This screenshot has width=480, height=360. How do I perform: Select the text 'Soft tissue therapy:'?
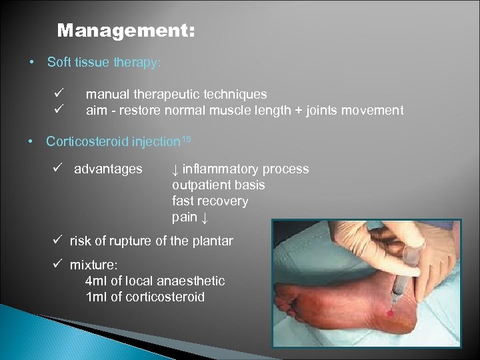point(103,63)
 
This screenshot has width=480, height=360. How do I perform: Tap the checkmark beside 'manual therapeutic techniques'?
point(59,94)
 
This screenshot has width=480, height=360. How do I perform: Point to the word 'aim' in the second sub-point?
point(97,111)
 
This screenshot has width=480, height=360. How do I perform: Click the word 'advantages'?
point(108,169)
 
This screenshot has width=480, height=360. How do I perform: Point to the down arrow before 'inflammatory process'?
point(175,169)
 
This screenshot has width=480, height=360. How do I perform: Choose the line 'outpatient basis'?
point(218,185)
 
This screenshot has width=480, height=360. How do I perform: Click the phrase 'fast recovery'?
point(209,201)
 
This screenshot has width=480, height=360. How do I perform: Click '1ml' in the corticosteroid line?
point(97,297)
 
